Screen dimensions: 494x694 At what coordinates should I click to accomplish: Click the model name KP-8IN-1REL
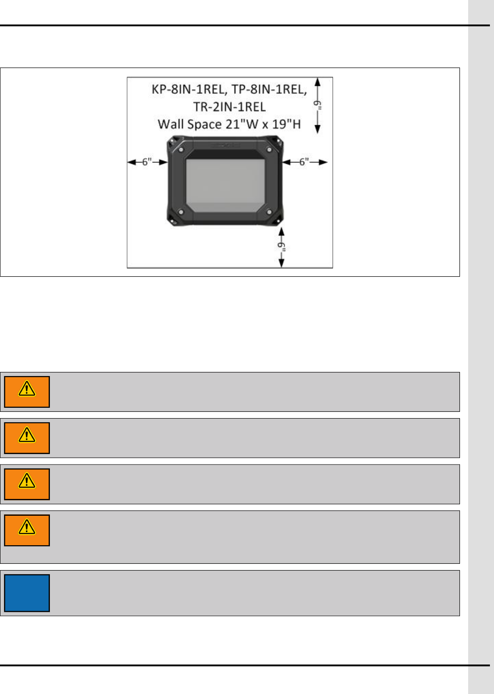tap(190, 89)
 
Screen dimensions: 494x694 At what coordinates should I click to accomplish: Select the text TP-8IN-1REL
tap(269, 89)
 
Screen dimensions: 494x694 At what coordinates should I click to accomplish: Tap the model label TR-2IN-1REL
tap(230, 107)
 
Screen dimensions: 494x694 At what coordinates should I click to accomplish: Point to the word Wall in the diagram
tap(171, 124)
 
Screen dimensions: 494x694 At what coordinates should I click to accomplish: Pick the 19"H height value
tap(286, 124)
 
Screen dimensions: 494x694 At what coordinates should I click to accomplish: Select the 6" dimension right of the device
tap(304, 162)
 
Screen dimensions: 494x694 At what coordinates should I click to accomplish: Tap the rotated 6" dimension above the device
tap(319, 105)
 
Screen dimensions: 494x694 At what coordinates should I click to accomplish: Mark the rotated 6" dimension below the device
tap(282, 246)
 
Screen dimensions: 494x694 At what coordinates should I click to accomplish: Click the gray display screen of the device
tap(225, 185)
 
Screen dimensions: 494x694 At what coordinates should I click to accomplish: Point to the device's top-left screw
tap(181, 149)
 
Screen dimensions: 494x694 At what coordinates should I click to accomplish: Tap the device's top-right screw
tap(269, 149)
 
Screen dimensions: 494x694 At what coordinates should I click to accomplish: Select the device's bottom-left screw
tap(181, 212)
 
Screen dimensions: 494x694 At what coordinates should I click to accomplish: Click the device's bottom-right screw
tap(269, 212)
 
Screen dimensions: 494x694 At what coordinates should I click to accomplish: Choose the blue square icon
tap(27, 593)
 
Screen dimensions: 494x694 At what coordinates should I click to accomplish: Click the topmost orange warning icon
tap(27, 392)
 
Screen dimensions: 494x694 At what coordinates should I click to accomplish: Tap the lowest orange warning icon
tap(27, 530)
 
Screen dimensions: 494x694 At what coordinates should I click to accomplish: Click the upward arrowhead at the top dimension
tap(318, 82)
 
